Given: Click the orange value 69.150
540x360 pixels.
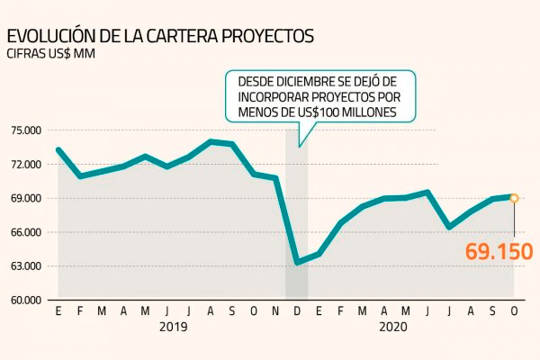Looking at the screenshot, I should click(x=499, y=250).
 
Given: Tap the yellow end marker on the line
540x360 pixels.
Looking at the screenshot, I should click(x=514, y=198).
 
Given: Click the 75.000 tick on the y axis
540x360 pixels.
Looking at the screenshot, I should click(x=26, y=130).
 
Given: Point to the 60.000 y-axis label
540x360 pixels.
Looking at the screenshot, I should click(x=26, y=301).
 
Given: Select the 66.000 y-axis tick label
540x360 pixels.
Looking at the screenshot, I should click(x=26, y=232).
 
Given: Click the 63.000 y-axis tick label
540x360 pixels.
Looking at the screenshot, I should click(x=26, y=266).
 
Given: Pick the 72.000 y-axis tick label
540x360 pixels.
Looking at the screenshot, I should click(x=26, y=164).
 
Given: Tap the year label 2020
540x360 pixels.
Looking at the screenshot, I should click(x=394, y=328).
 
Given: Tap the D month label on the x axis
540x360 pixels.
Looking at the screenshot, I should click(x=297, y=311).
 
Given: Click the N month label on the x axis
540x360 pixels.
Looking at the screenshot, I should click(x=275, y=311).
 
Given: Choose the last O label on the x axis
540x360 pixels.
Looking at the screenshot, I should click(x=514, y=311).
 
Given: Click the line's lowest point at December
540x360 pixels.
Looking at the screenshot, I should click(x=297, y=263).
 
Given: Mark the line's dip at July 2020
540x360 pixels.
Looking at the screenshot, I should click(x=448, y=227).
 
